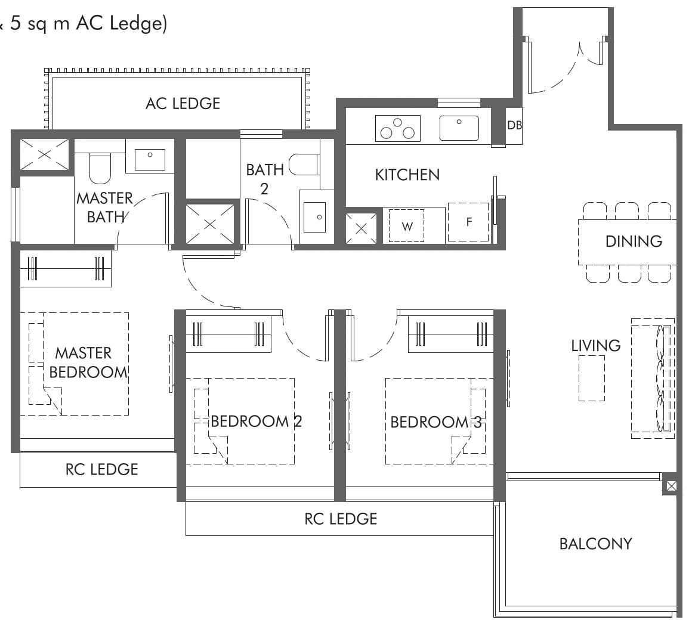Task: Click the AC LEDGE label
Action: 183,104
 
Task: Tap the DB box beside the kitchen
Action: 514,126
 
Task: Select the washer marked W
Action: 407,225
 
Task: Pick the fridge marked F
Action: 468,222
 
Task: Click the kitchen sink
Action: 459,128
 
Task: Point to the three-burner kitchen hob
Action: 397,128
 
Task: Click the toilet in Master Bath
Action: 100,169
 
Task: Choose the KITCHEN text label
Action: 407,175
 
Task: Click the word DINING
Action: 634,241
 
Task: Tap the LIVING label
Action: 595,346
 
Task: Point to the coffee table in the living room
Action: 591,379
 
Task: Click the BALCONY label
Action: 595,544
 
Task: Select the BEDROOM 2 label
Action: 257,422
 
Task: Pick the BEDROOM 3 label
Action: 435,422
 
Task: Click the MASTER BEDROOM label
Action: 88,362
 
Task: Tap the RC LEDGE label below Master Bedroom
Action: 101,470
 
